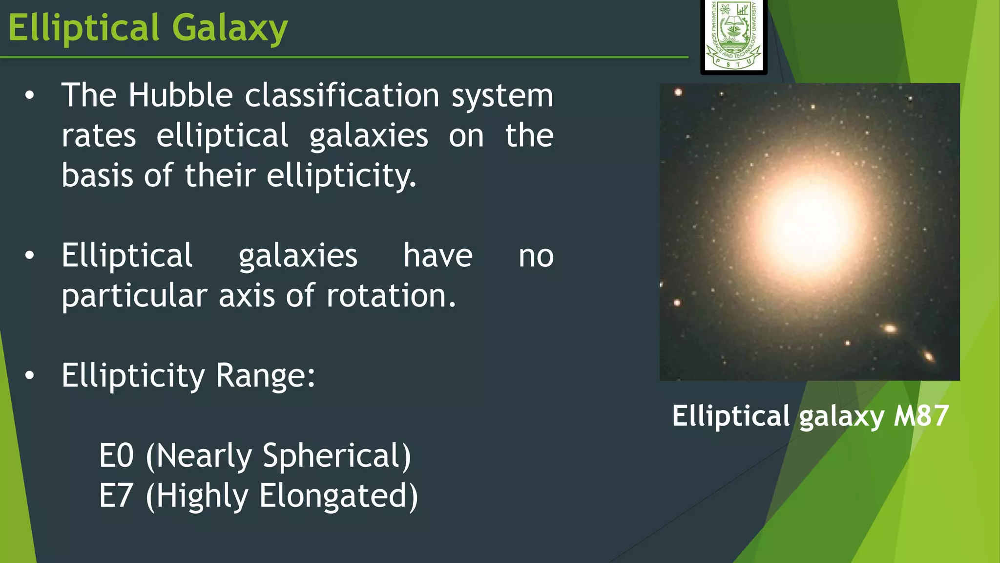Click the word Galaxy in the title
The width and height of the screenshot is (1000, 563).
[229, 28]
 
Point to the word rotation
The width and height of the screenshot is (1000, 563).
[391, 296]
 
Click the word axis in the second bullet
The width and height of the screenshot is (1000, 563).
[247, 296]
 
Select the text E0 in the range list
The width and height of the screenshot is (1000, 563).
[116, 455]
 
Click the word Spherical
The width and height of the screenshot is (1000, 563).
[336, 455]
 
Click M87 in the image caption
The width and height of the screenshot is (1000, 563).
[921, 416]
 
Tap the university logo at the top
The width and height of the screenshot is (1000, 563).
[733, 36]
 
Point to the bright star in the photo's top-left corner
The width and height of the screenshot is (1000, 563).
[678, 92]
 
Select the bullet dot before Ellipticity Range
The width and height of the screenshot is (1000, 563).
[30, 375]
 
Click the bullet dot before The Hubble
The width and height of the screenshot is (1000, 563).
[30, 95]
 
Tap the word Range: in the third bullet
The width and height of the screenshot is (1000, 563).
[266, 375]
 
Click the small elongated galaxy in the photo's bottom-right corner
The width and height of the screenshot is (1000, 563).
[928, 355]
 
